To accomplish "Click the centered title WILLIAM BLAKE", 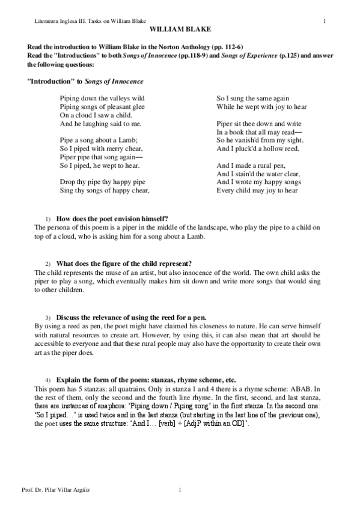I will coord(180,29).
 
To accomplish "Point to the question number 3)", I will coord(49,316).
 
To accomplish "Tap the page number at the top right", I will coord(325,22).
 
